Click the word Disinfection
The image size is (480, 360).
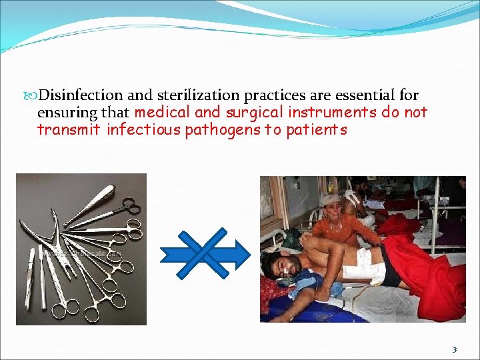tap(77, 96)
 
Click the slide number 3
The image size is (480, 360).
tap(454, 349)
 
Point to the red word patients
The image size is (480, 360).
tap(316, 129)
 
